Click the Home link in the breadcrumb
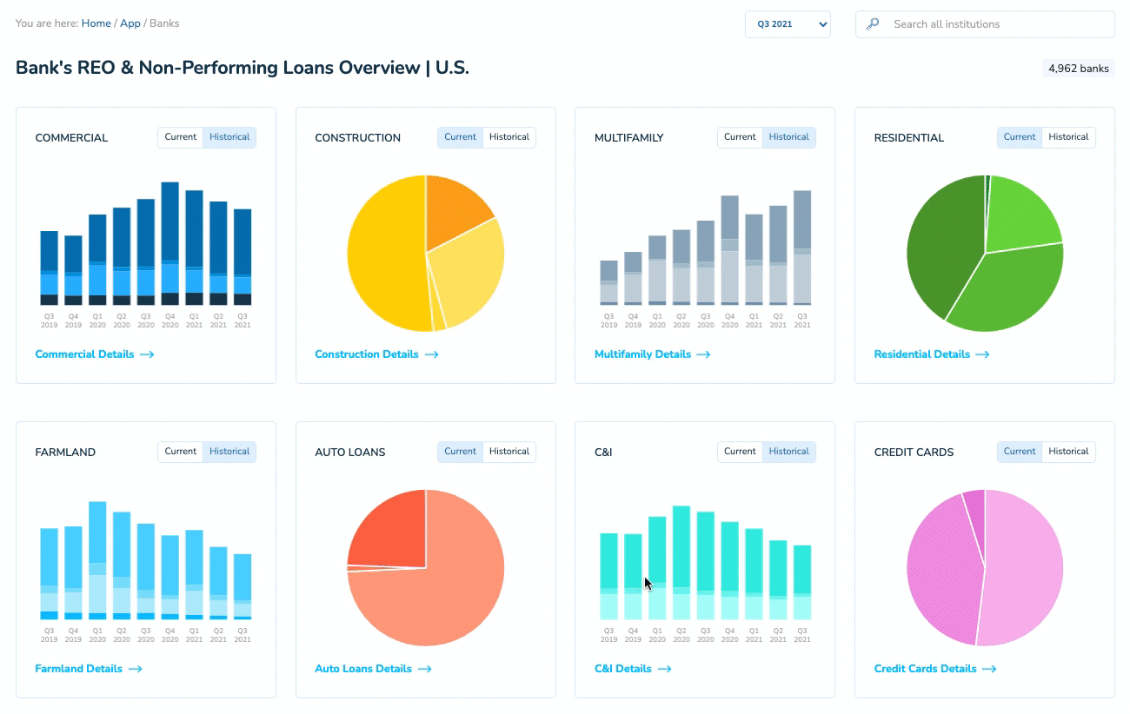[x=96, y=23]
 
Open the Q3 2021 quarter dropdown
[x=788, y=24]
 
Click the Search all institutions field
[x=991, y=24]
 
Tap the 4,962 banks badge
[x=1078, y=69]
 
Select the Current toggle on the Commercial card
[x=181, y=137]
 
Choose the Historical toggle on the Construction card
[x=509, y=137]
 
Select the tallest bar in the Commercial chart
[x=170, y=243]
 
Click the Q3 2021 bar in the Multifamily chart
[x=802, y=248]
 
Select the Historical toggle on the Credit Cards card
[x=1069, y=452]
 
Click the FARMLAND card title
[x=65, y=453]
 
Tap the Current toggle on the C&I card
[x=740, y=452]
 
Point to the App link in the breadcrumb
[x=130, y=23]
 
